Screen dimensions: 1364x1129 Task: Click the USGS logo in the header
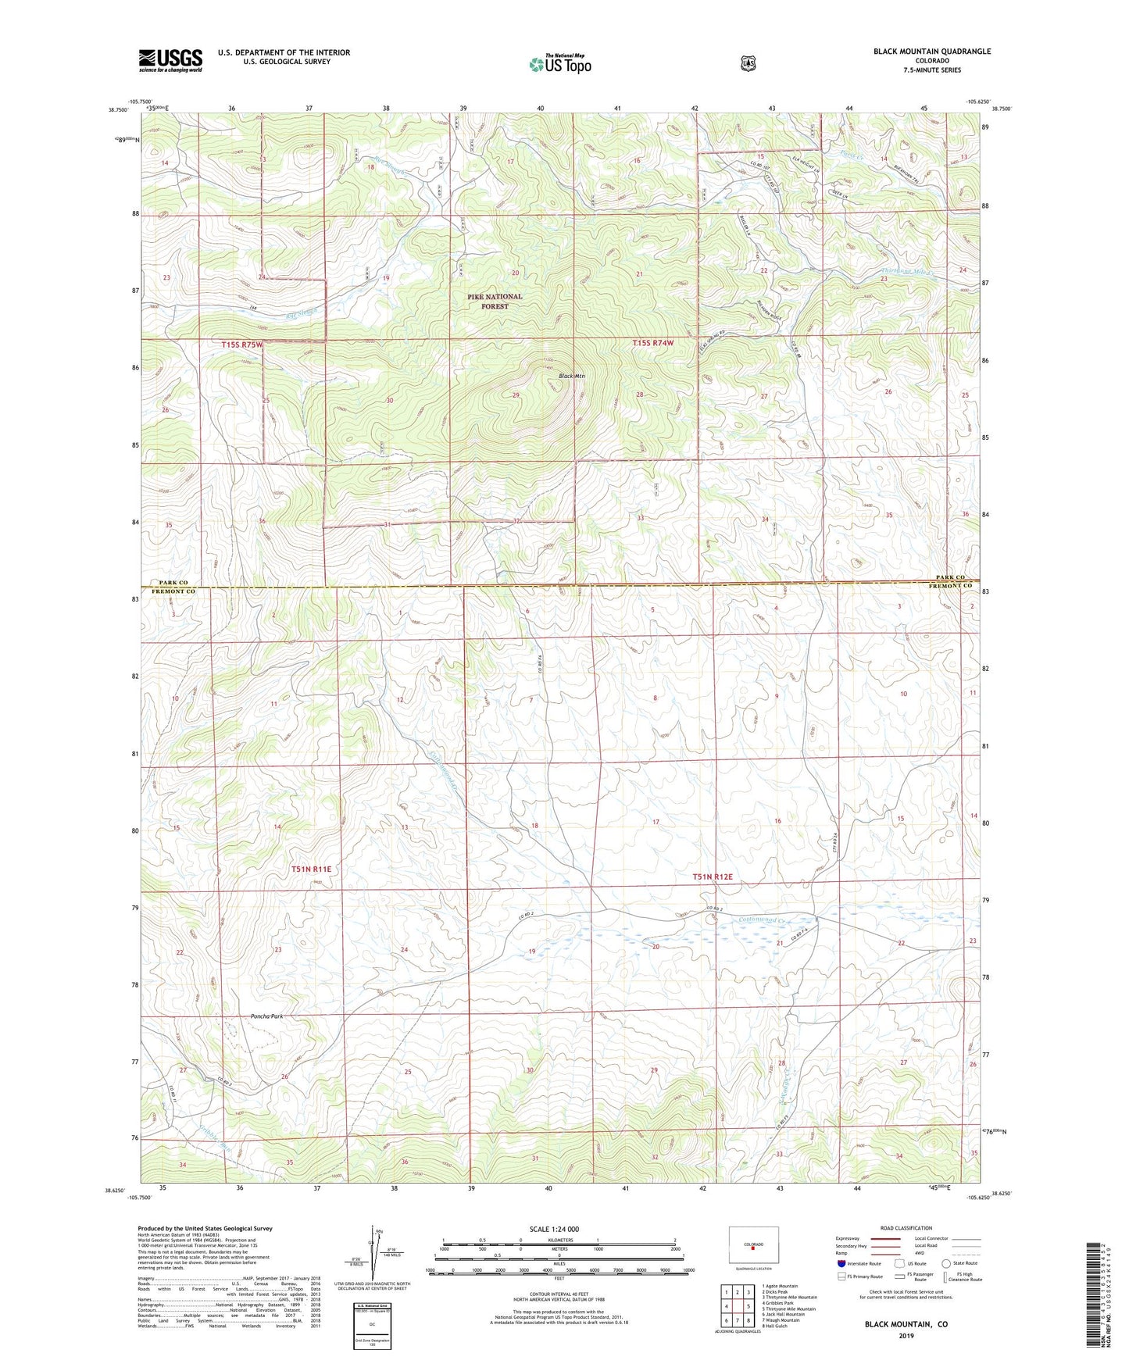170,60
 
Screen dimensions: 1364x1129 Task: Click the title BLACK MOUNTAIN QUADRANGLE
932,52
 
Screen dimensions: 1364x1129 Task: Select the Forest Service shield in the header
748,63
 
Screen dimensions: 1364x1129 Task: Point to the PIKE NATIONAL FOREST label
495,302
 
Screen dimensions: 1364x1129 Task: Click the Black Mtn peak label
572,376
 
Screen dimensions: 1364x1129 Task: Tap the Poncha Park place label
266,1016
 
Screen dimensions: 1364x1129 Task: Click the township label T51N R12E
713,877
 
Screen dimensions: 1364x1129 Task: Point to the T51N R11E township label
312,869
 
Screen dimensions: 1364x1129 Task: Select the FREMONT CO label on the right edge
951,586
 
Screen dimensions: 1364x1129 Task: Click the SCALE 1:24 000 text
554,1229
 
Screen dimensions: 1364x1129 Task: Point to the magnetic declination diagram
372,1258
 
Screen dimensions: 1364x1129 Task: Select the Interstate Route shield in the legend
841,1263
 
